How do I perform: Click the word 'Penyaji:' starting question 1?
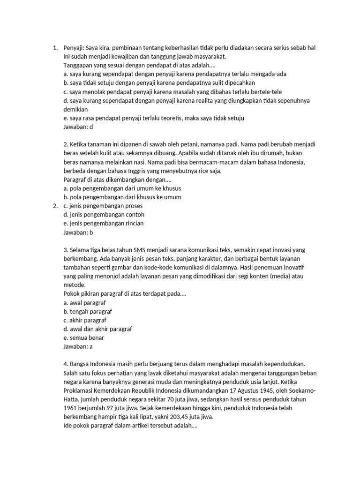[x=74, y=47]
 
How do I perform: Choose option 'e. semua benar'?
[x=83, y=337]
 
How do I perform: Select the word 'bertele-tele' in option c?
[x=266, y=91]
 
